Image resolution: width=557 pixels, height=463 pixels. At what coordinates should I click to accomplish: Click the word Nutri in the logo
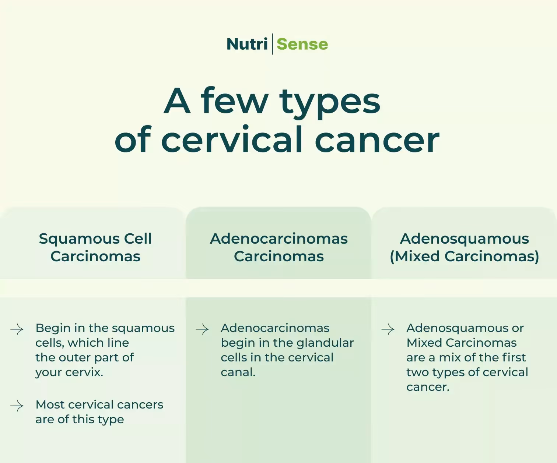click(x=247, y=44)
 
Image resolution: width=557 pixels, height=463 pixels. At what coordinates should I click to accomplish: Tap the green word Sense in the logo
click(x=302, y=44)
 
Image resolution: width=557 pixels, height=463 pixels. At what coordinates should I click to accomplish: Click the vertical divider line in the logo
click(x=272, y=44)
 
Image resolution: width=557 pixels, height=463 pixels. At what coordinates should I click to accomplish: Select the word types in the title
click(x=330, y=101)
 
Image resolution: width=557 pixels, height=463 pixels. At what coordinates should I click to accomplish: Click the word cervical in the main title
click(x=232, y=139)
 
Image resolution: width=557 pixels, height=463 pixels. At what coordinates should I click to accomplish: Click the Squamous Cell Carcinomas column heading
click(x=95, y=247)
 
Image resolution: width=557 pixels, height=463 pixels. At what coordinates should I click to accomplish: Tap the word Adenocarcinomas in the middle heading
click(x=278, y=238)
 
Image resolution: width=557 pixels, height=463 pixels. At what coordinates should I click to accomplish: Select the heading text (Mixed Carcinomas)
click(x=464, y=256)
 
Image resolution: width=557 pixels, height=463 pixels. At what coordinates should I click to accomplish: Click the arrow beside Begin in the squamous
click(x=17, y=329)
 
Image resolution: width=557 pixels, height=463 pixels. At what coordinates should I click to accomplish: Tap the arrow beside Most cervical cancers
click(x=17, y=406)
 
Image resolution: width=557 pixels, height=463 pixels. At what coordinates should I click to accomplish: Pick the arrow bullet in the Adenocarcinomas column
click(x=202, y=329)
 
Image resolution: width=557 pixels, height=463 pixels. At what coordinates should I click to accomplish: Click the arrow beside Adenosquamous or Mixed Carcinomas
click(x=388, y=329)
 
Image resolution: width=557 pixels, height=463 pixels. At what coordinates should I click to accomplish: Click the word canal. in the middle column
click(x=238, y=372)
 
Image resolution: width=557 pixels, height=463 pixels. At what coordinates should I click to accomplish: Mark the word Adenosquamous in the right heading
click(x=464, y=238)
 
